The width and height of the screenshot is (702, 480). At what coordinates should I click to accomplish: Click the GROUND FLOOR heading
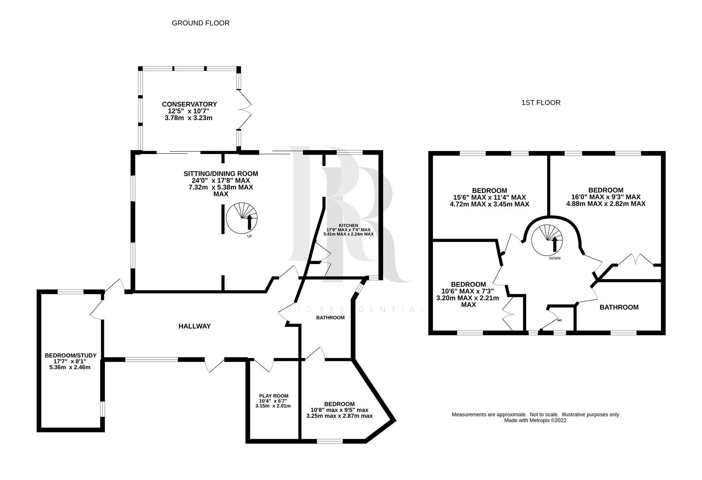pos(201,23)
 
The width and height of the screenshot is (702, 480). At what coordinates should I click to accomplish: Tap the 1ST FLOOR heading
pos(541,103)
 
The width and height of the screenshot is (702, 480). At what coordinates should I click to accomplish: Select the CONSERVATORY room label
pos(189,104)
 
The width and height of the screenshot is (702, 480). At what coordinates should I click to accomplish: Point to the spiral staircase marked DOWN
pos(547,240)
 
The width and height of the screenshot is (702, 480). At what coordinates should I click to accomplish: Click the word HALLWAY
pos(194,326)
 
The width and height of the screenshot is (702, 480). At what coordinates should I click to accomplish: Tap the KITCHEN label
pos(349,226)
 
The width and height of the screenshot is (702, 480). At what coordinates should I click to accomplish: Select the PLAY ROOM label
pos(274,396)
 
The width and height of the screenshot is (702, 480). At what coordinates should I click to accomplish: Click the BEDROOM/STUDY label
pos(71,356)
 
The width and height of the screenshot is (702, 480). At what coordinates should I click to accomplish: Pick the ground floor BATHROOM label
pos(330,317)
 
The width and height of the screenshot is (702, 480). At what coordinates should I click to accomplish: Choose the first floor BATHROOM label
pos(619,308)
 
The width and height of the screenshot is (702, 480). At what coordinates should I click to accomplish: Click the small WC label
pos(560,320)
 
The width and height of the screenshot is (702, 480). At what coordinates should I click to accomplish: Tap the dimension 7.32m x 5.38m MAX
pos(221,187)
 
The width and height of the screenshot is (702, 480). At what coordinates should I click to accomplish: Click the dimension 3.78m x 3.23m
pos(189,118)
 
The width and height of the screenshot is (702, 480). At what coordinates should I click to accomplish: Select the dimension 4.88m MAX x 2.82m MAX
pos(606,204)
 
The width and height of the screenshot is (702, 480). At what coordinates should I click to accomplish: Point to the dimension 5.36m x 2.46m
pos(70,367)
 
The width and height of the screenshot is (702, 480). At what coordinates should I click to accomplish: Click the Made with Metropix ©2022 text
pos(535,420)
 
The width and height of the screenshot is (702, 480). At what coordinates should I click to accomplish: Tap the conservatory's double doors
pos(246,109)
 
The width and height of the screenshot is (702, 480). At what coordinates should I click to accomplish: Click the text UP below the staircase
pos(250,236)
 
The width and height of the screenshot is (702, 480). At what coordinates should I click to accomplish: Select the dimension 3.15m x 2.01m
pos(273,406)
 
